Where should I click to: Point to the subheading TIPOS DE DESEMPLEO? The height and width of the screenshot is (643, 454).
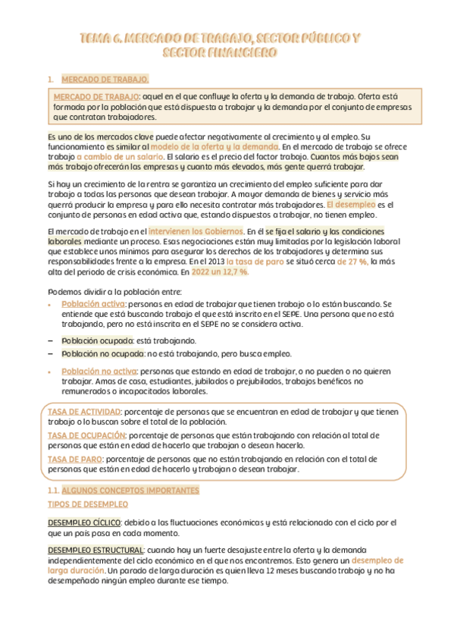[88, 503]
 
